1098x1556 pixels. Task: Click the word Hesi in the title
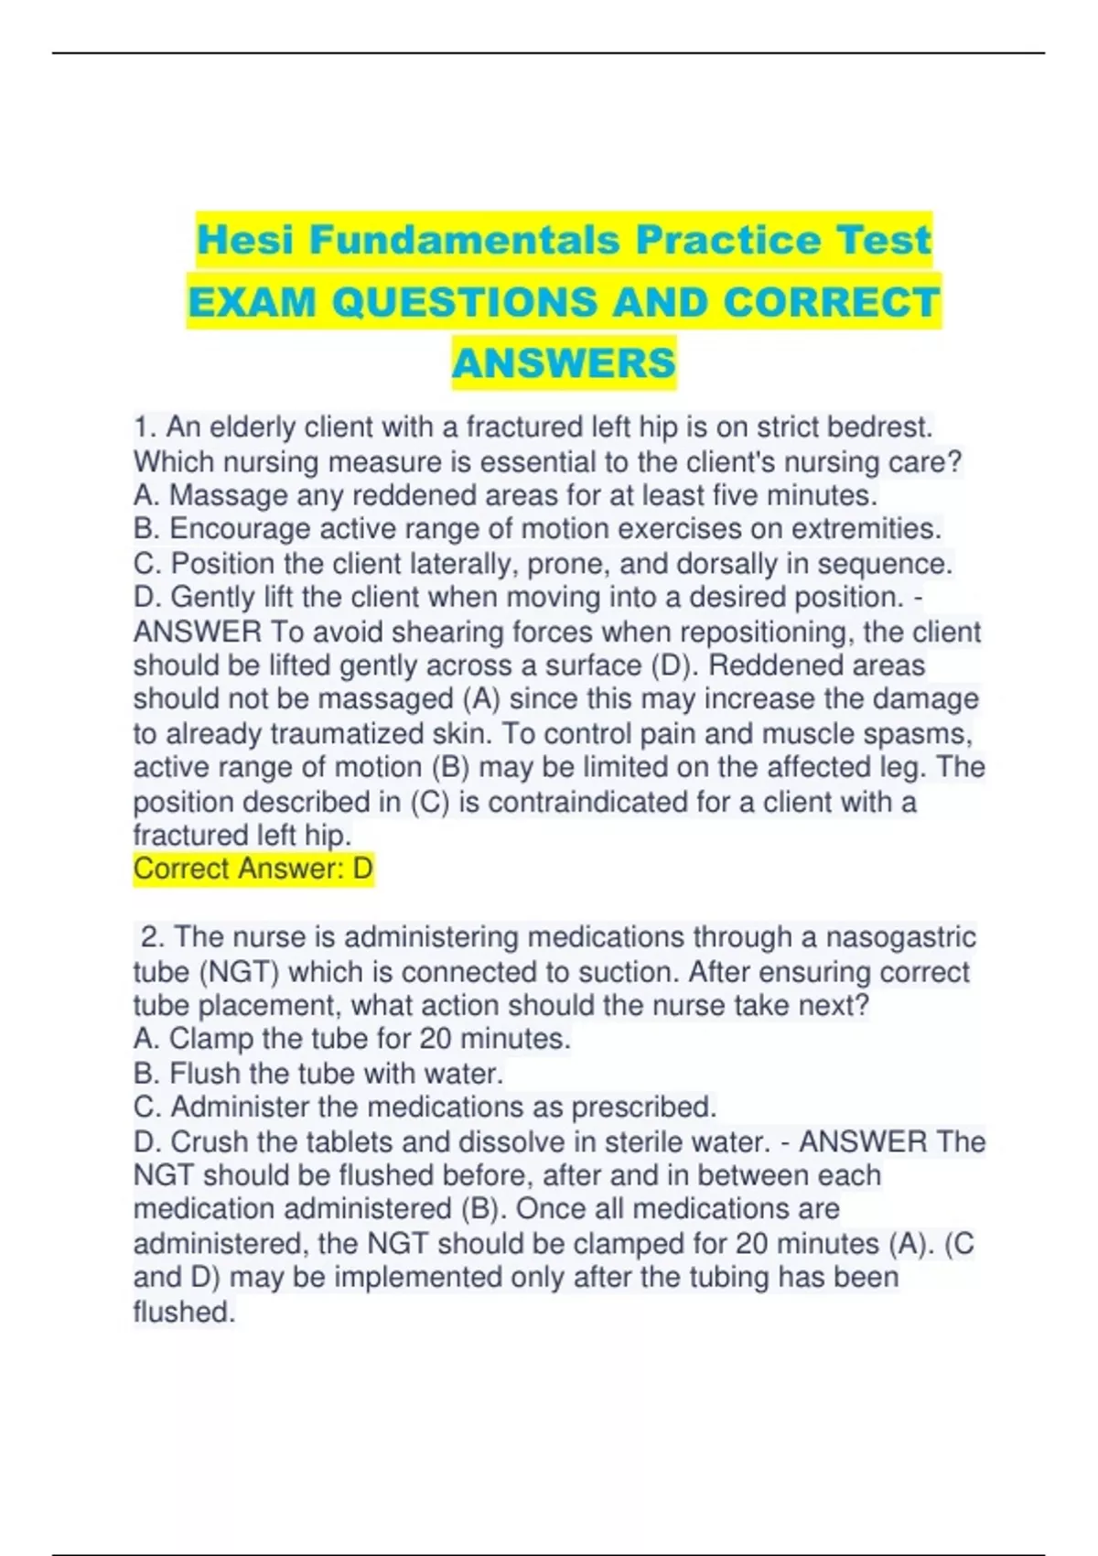tap(246, 240)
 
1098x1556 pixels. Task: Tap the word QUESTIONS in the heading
tap(465, 302)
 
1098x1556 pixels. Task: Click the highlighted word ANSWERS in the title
tap(564, 363)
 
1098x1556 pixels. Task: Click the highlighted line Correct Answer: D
tap(253, 868)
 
